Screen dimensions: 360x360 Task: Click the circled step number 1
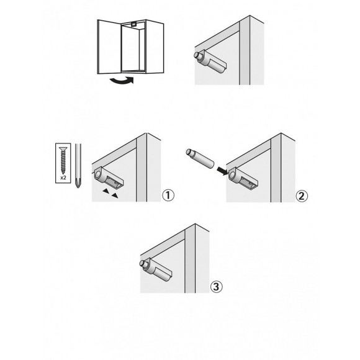[168, 196]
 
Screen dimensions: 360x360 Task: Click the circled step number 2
[302, 196]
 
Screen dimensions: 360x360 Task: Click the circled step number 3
[216, 287]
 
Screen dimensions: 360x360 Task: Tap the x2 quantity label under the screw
[63, 178]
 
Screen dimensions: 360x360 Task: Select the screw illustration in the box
[63, 160]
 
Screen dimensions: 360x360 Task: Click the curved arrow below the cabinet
[122, 80]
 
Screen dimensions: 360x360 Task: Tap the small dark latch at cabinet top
[133, 23]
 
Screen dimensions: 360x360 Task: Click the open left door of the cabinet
[109, 47]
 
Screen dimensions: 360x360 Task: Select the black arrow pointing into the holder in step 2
[222, 171]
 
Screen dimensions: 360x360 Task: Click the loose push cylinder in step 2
[200, 159]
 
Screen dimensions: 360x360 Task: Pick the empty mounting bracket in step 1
[109, 178]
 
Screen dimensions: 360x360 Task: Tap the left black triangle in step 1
[106, 191]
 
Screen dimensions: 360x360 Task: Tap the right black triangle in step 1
[115, 196]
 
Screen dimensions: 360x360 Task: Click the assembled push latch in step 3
[156, 269]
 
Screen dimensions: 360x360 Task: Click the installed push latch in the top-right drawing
[210, 62]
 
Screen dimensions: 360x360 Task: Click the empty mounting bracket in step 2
[243, 178]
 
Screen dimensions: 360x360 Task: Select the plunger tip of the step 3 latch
[143, 263]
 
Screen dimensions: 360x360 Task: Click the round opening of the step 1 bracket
[98, 174]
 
